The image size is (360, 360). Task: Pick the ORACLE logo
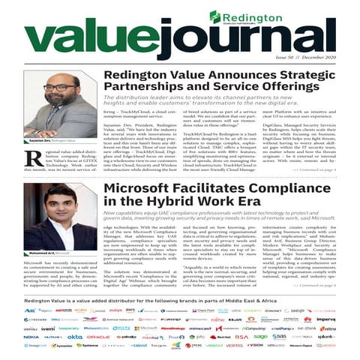pos(97,337)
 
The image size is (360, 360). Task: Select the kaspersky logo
pos(69,328)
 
